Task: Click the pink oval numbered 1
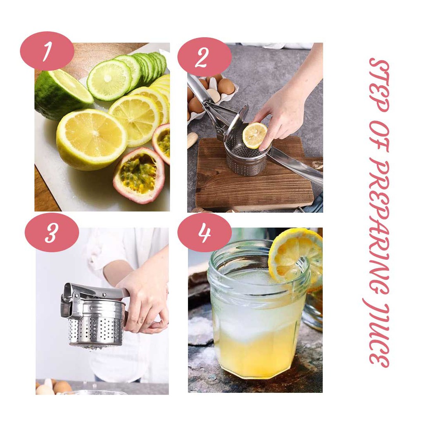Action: [47, 51]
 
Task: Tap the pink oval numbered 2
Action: [204, 57]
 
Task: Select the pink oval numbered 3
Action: [52, 233]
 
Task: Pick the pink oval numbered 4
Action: [204, 233]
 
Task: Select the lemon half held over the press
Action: [254, 135]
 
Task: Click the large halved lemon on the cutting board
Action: [91, 139]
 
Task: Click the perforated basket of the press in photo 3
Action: [96, 331]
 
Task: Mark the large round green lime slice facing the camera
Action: [109, 80]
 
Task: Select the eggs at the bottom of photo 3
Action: [54, 387]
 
